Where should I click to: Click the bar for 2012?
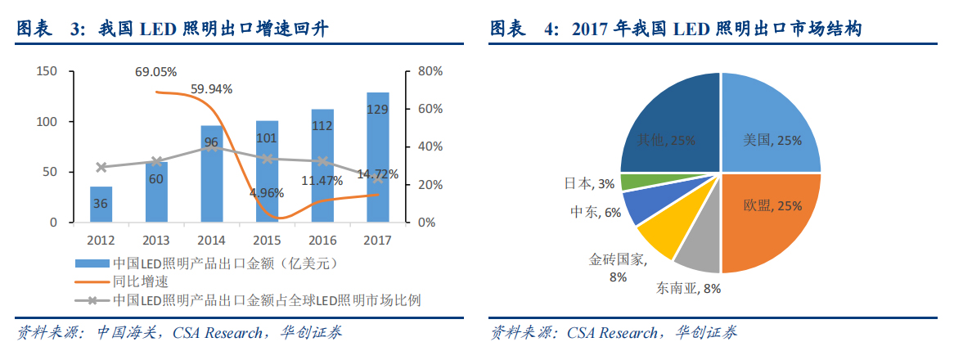point(101,205)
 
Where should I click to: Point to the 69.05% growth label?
point(156,73)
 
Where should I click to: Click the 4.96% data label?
point(268,193)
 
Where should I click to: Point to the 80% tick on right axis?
point(429,72)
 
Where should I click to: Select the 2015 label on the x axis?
point(268,241)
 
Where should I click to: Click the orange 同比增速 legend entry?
point(140,281)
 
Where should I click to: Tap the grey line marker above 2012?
point(101,168)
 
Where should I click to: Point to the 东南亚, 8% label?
point(688,288)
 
